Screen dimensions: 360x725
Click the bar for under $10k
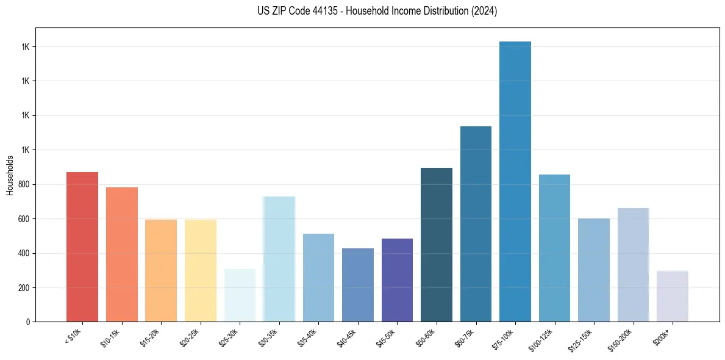[82, 247]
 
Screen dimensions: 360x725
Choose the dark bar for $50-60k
[437, 245]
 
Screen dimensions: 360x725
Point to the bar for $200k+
[673, 296]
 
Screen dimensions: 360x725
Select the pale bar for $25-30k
[240, 295]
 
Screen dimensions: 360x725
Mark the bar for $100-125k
[554, 248]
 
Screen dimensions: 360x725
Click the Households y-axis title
[10, 175]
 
